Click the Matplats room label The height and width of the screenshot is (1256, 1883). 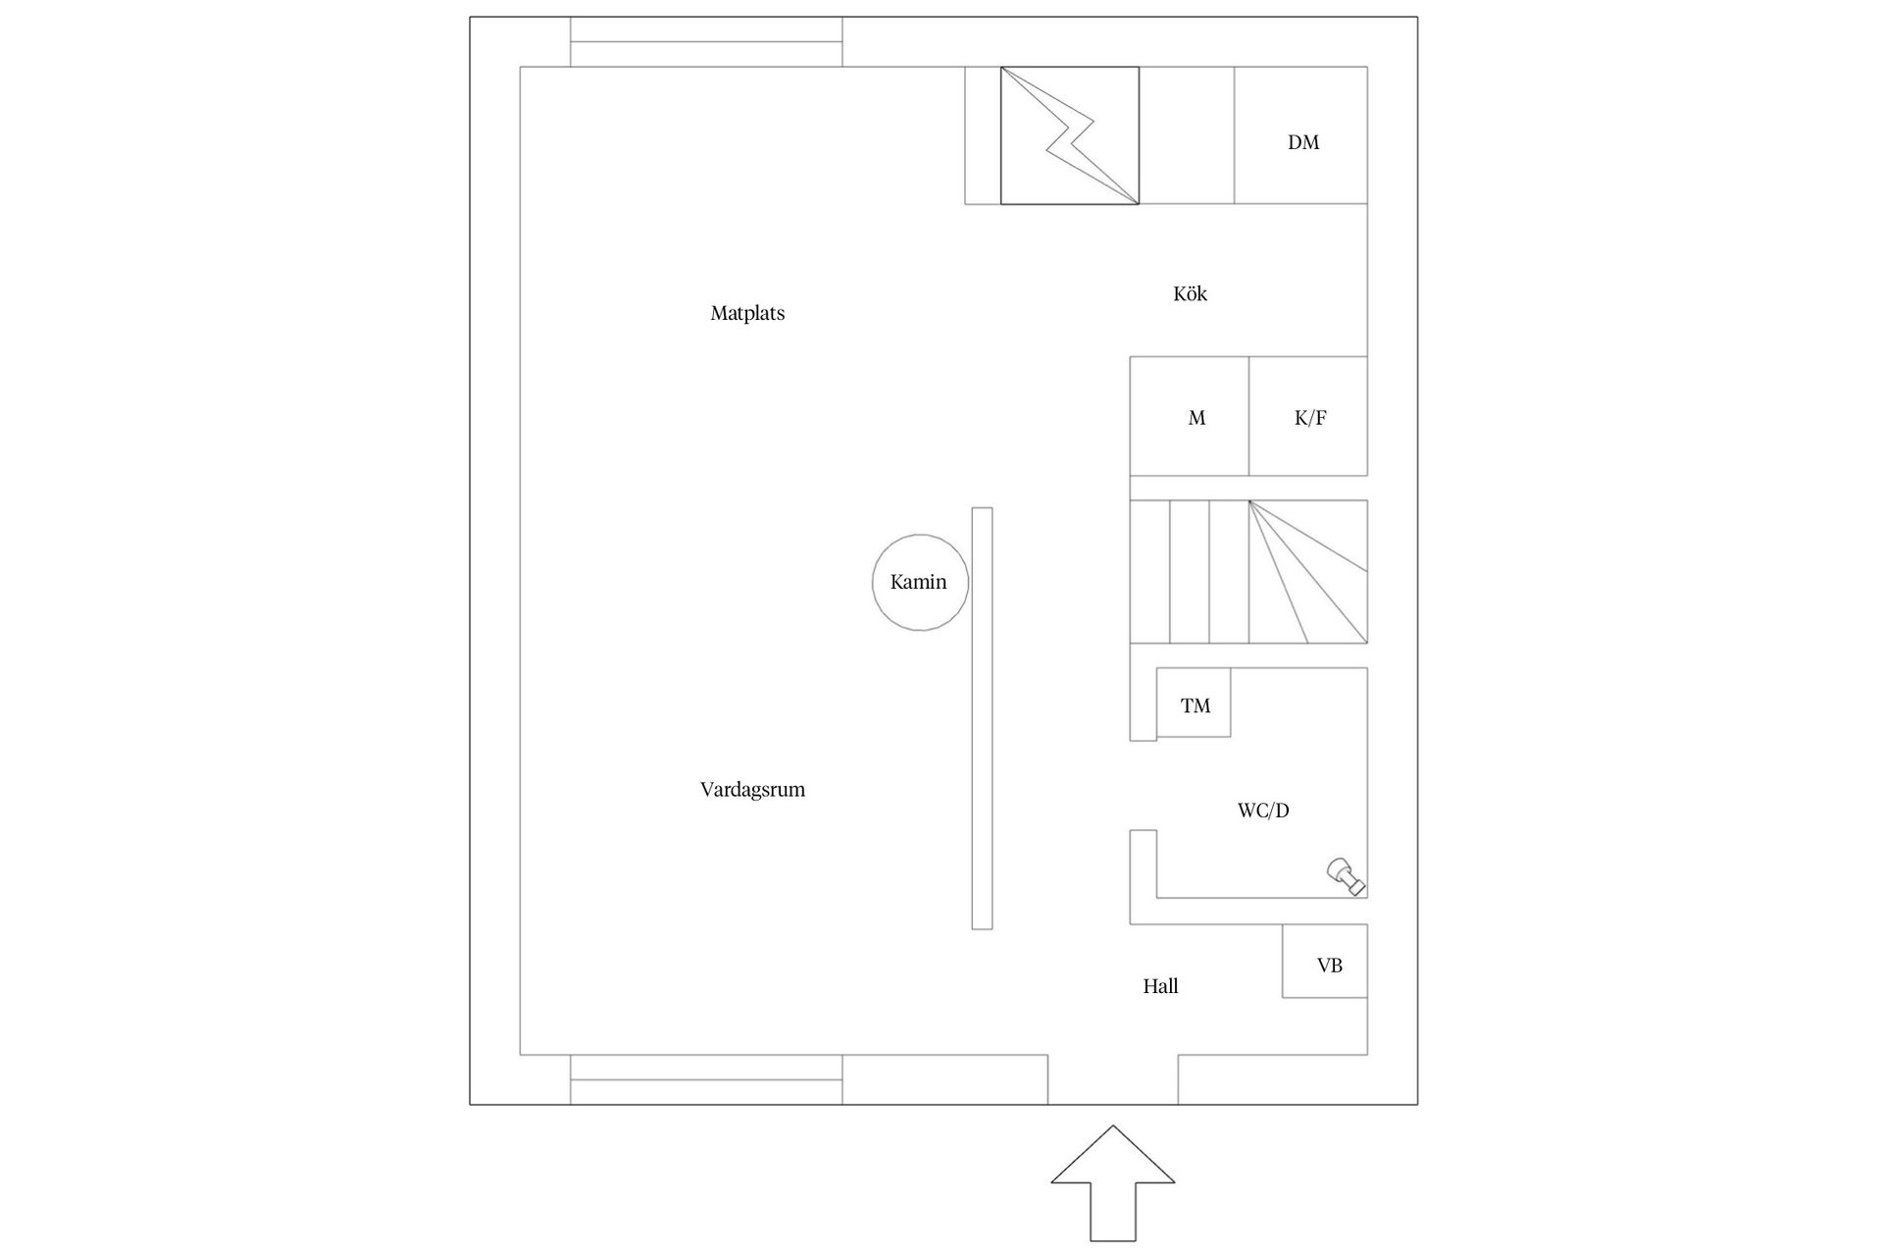point(747,313)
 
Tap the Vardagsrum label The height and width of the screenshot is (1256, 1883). point(752,789)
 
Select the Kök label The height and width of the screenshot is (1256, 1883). point(1190,293)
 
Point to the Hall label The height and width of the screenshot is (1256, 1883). point(1160,986)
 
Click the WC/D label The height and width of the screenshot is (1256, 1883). point(1263,811)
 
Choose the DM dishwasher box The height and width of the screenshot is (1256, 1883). point(1300,135)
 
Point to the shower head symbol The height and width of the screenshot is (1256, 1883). point(1346,875)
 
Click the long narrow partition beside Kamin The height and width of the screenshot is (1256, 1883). point(982,718)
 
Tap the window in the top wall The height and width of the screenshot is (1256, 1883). point(706,42)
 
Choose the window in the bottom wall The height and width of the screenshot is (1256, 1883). point(706,1079)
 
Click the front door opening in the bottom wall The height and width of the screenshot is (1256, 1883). point(1113,1079)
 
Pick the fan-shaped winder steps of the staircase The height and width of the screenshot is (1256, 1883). point(1308,572)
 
